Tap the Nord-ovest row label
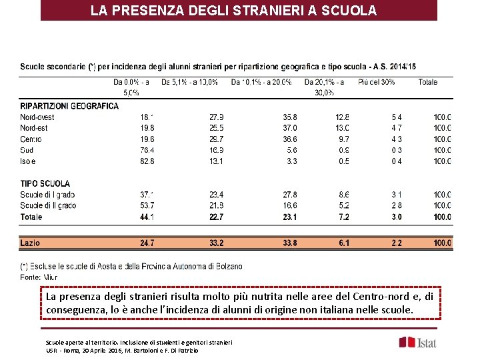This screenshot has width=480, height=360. [37, 117]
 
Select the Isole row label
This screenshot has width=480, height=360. [28, 161]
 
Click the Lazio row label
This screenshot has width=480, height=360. [31, 243]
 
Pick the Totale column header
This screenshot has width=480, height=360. [427, 82]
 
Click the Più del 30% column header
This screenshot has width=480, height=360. [376, 82]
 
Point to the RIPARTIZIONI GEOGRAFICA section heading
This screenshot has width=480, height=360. [69, 106]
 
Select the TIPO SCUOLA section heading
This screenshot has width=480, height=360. [45, 183]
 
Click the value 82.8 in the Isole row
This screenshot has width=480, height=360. [147, 161]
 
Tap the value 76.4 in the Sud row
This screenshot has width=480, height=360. [147, 150]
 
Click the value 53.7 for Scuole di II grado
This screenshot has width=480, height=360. [147, 205]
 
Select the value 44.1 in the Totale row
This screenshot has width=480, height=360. [147, 217]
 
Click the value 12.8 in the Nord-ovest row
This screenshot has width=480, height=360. [342, 117]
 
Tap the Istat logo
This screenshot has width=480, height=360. [418, 342]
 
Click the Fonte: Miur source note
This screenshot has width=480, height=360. [39, 276]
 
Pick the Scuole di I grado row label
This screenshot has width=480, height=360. [48, 195]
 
